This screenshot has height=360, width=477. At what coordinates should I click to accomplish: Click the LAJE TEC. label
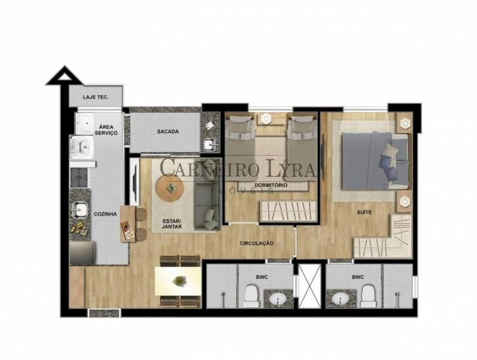pyautogui.click(x=96, y=97)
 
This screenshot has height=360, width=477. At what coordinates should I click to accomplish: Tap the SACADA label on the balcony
pyautogui.click(x=168, y=132)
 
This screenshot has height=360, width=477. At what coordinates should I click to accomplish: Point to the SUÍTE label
pyautogui.click(x=364, y=212)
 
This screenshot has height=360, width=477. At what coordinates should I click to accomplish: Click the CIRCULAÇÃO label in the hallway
pyautogui.click(x=256, y=243)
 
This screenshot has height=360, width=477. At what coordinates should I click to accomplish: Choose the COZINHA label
pyautogui.click(x=105, y=214)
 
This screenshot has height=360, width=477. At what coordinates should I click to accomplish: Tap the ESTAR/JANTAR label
pyautogui.click(x=172, y=224)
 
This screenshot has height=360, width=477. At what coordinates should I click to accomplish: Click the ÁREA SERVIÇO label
pyautogui.click(x=106, y=130)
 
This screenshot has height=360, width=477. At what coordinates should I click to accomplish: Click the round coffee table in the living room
pyautogui.click(x=170, y=188)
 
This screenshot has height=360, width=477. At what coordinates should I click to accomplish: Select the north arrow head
pyautogui.click(x=64, y=76)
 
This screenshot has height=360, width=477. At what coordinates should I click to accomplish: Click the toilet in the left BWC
pyautogui.click(x=252, y=296)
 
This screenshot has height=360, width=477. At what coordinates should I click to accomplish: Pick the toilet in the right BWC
pyautogui.click(x=368, y=296)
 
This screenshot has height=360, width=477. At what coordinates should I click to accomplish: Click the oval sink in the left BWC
pyautogui.click(x=278, y=299)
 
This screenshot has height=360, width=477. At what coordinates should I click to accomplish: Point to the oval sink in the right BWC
pyautogui.click(x=340, y=299)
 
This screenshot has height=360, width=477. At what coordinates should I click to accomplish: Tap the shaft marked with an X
pyautogui.click(x=309, y=286)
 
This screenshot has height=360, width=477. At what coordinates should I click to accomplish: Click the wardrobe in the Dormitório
pyautogui.click(x=288, y=211)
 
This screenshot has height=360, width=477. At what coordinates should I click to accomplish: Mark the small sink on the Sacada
pyautogui.click(x=210, y=144)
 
